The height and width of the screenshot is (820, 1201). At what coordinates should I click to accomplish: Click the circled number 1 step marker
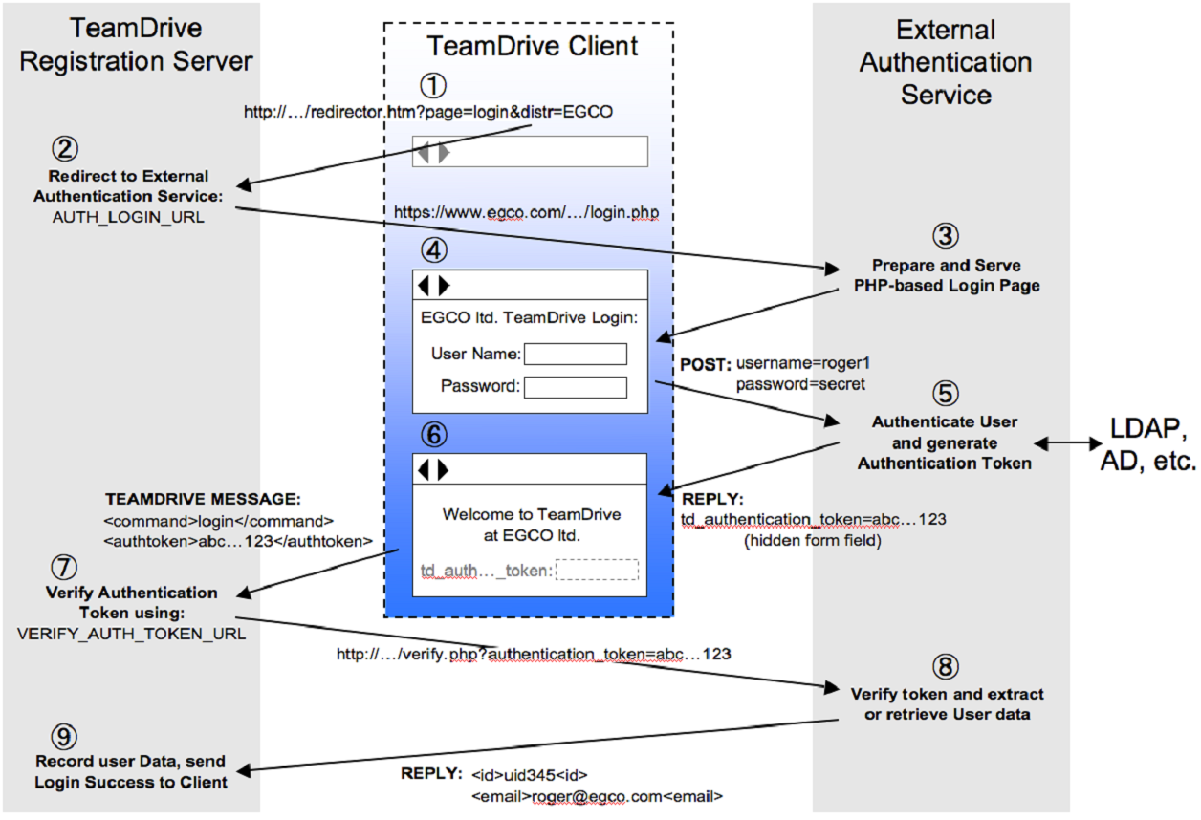(434, 85)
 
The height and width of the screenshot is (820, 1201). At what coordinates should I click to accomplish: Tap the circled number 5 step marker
(945, 393)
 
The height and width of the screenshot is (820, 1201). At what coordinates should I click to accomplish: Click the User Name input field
(576, 355)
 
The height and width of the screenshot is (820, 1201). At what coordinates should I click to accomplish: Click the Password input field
(576, 387)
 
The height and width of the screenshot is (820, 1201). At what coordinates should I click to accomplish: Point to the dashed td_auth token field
(597, 570)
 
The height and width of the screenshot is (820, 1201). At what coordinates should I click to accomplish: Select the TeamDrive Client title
(532, 46)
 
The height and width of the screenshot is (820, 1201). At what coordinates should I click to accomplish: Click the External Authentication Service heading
(945, 63)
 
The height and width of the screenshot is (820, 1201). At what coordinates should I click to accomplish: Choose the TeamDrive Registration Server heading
(136, 46)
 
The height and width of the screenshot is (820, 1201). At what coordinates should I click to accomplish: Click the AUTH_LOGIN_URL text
(131, 216)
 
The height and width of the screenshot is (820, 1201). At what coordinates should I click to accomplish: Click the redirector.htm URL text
(428, 112)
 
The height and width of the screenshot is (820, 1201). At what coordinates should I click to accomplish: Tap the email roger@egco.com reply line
(597, 795)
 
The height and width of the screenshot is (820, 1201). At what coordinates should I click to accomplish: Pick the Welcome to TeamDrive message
(531, 524)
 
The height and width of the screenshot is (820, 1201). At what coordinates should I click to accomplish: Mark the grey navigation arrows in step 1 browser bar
(433, 152)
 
